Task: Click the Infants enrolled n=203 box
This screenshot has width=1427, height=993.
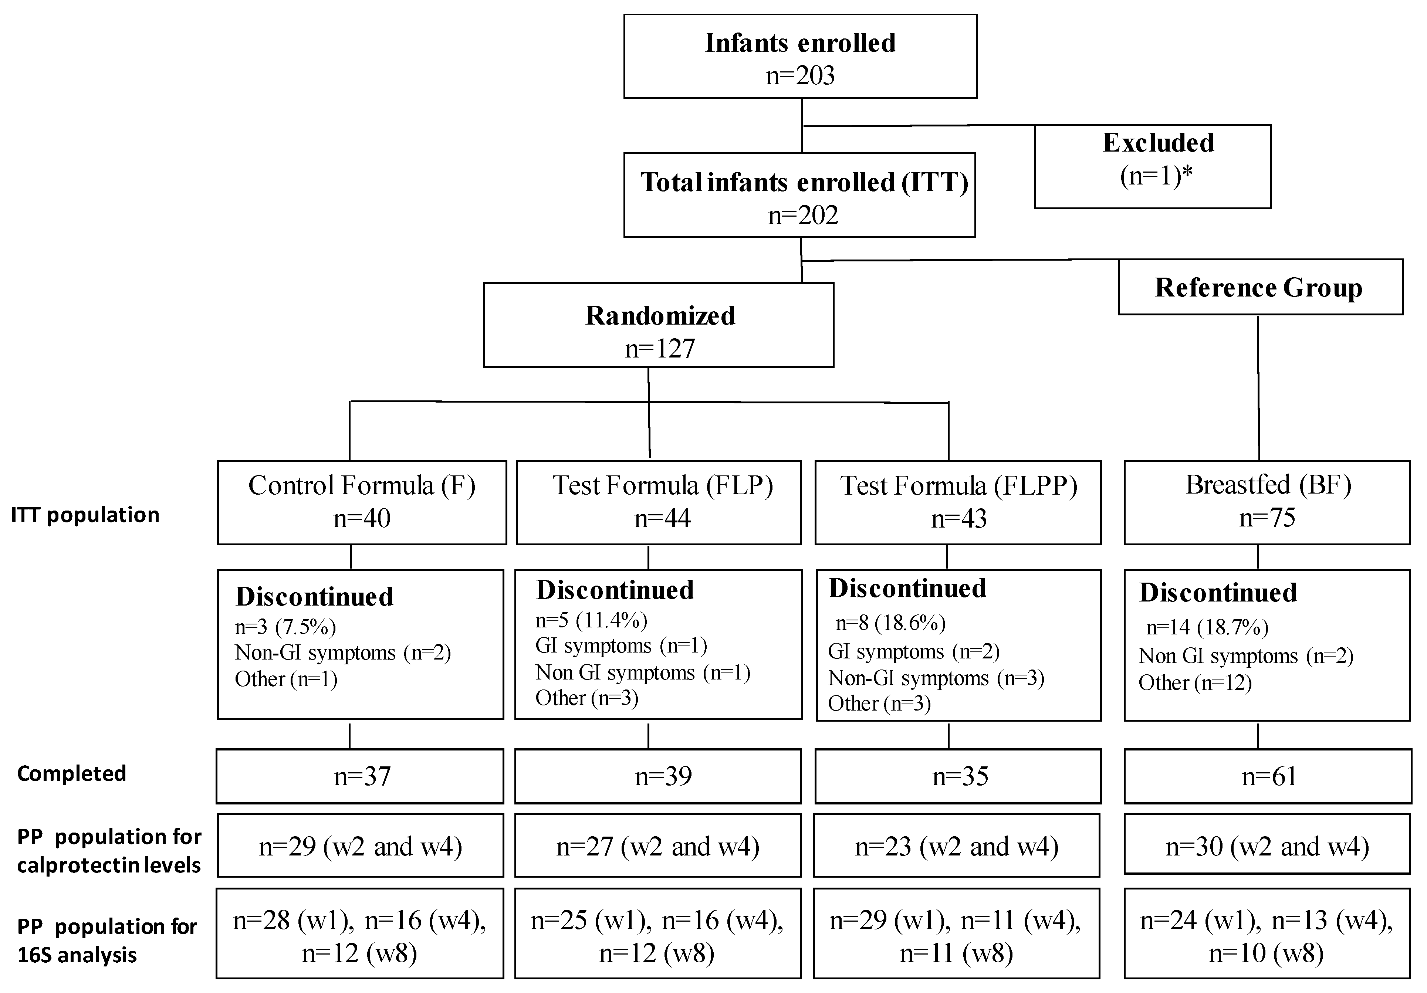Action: pyautogui.click(x=800, y=57)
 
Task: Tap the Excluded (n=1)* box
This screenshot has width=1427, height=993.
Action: pyautogui.click(x=1152, y=166)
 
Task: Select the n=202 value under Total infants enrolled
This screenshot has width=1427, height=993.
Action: pyautogui.click(x=803, y=216)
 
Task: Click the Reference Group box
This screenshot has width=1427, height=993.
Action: pyautogui.click(x=1260, y=287)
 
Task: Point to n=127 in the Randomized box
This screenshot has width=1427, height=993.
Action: pyautogui.click(x=659, y=349)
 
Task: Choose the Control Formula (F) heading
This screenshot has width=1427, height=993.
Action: pyautogui.click(x=362, y=485)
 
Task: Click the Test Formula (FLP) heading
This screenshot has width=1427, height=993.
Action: pyautogui.click(x=663, y=485)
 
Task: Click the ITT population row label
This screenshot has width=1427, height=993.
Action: pyautogui.click(x=85, y=515)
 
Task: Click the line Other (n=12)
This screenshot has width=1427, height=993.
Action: pyautogui.click(x=1194, y=683)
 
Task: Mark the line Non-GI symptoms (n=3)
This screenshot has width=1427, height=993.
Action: pyautogui.click(x=936, y=678)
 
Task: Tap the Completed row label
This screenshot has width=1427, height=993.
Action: pyautogui.click(x=71, y=774)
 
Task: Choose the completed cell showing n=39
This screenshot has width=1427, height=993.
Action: pyautogui.click(x=663, y=776)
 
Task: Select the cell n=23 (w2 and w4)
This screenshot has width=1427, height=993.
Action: pyautogui.click(x=957, y=846)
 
